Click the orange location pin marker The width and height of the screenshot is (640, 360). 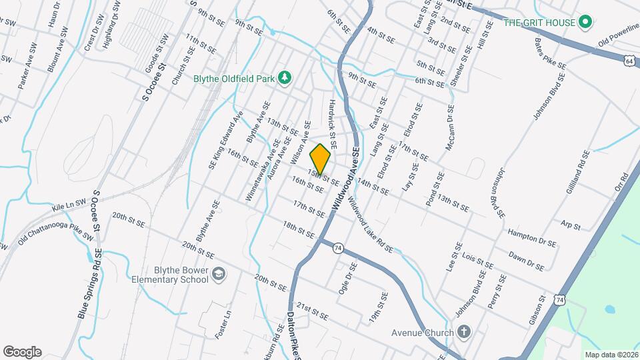(320, 159)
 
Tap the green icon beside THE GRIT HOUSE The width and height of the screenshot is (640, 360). (585, 23)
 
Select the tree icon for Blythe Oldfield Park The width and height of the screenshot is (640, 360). (285, 78)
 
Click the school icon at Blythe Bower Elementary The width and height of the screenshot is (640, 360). (219, 274)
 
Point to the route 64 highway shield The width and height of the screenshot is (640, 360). (629, 61)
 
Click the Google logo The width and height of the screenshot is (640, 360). (22, 351)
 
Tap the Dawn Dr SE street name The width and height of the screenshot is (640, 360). (526, 259)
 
